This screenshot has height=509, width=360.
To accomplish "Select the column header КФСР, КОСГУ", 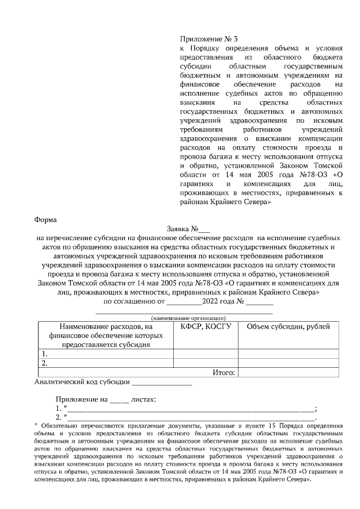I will pyautogui.click(x=205, y=326).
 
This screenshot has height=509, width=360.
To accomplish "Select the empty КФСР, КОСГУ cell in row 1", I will pyautogui.click(x=205, y=354).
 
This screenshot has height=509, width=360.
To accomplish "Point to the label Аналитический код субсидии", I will pyautogui.click(x=82, y=382).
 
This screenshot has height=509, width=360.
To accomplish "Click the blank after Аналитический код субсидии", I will pyautogui.click(x=161, y=383).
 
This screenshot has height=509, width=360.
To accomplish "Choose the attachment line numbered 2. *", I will pyautogui.click(x=186, y=417).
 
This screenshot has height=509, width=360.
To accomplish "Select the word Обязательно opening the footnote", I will pyautogui.click(x=58, y=425).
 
